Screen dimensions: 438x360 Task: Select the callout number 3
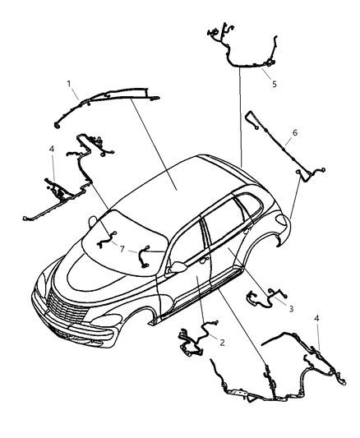pyautogui.click(x=289, y=308)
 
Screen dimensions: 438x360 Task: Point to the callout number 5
pyautogui.click(x=275, y=82)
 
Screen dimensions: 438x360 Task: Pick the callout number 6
pyautogui.click(x=293, y=131)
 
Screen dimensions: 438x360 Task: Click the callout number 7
pyautogui.click(x=122, y=248)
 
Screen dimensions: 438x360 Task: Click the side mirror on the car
pyautogui.click(x=176, y=266)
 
